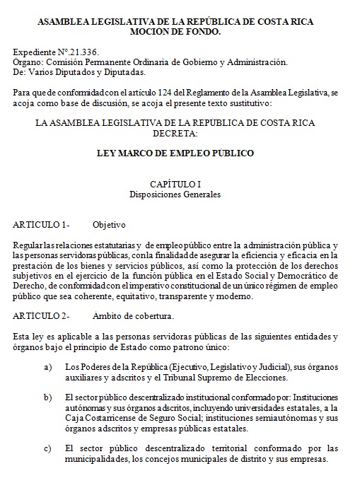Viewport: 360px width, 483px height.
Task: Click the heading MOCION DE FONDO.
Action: pyautogui.click(x=175, y=32)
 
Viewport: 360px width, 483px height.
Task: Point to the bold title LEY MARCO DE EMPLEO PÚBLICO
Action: pyautogui.click(x=175, y=153)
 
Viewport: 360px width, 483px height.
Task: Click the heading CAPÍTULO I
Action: pyautogui.click(x=175, y=183)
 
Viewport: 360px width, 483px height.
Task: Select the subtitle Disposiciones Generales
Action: pyautogui.click(x=175, y=193)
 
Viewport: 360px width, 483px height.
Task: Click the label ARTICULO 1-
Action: pyautogui.click(x=41, y=224)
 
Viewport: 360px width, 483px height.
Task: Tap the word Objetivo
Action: pyautogui.click(x=109, y=224)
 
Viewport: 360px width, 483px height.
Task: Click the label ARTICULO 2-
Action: pyautogui.click(x=41, y=315)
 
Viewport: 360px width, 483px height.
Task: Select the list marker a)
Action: pyautogui.click(x=47, y=367)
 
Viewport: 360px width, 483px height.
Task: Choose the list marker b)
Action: pyautogui.click(x=47, y=398)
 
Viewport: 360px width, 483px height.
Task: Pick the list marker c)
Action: pyautogui.click(x=47, y=448)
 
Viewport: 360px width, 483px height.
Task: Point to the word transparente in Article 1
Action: pyautogui.click(x=175, y=296)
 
